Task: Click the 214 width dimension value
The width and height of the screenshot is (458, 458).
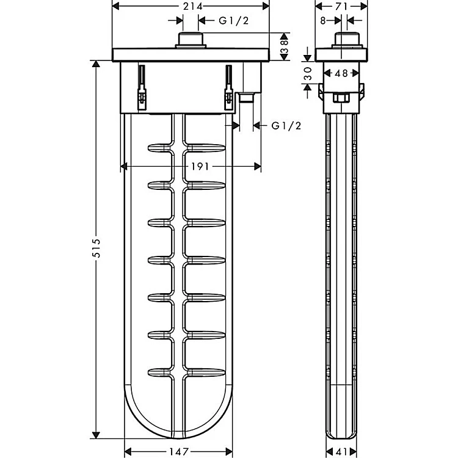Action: (193, 6)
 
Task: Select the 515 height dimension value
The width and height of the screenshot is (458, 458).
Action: (96, 248)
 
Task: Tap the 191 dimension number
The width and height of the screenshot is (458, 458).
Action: (200, 167)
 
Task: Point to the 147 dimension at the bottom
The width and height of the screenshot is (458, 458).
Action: (179, 451)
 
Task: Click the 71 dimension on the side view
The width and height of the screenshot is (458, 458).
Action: (341, 6)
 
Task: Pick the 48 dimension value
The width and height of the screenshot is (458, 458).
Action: (341, 73)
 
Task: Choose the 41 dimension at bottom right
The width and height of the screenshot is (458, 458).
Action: (341, 451)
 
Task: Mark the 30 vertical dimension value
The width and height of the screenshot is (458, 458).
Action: (308, 73)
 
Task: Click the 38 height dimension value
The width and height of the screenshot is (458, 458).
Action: (284, 47)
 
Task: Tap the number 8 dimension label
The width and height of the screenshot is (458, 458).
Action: (323, 20)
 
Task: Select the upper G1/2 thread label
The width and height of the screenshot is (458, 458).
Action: (234, 20)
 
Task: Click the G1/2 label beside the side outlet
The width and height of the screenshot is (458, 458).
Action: (286, 126)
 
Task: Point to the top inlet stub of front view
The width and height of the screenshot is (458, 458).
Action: (191, 40)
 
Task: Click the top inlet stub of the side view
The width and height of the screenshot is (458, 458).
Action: (347, 40)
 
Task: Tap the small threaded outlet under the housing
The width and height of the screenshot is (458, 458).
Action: (247, 98)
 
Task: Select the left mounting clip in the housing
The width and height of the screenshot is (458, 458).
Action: (142, 87)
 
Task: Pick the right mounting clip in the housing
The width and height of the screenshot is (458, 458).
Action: (228, 87)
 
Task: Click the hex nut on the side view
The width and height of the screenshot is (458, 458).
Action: (341, 98)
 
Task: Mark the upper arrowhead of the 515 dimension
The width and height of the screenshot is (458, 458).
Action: (96, 64)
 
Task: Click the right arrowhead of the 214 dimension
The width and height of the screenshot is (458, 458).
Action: (266, 6)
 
